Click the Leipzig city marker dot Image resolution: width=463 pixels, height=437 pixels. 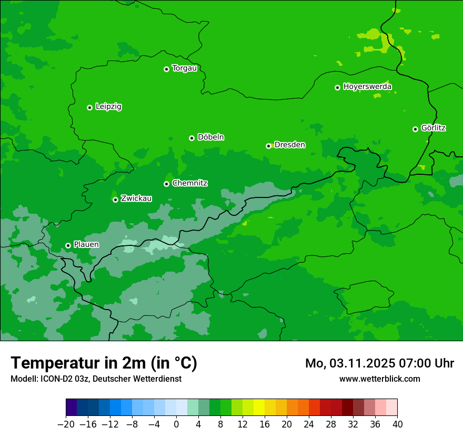[x=89, y=107]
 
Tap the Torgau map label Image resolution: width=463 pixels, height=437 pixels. [x=184, y=68]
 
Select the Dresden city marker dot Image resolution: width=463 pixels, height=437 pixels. [x=268, y=146]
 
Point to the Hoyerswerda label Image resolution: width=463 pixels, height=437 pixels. [x=367, y=86]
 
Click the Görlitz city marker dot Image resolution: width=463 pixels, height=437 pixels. [x=415, y=129]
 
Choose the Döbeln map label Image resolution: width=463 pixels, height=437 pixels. [x=210, y=137]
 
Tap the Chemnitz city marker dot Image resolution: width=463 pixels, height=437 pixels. [x=166, y=184]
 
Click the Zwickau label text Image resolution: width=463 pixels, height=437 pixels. [x=136, y=198]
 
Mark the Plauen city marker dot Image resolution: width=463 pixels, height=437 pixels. [x=68, y=245]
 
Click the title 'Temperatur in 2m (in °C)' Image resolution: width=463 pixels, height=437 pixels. [x=104, y=363]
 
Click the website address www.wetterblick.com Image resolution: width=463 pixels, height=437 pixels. [x=379, y=379]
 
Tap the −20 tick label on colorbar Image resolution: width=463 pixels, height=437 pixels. [x=66, y=424]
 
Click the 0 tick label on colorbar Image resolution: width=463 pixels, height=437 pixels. [x=176, y=424]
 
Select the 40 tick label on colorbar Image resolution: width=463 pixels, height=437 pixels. [x=397, y=424]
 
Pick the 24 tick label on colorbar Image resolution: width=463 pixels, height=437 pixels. [x=309, y=424]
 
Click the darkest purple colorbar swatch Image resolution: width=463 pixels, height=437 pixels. [x=71, y=408]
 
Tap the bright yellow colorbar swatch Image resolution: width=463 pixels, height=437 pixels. [x=259, y=408]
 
